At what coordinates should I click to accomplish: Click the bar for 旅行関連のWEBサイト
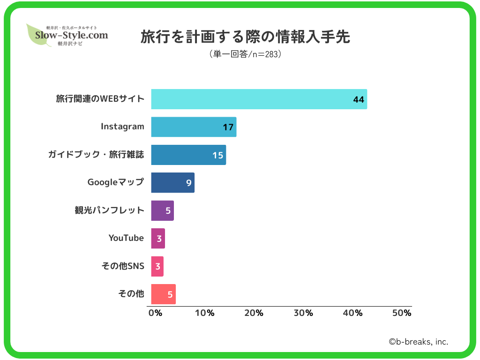[259, 99]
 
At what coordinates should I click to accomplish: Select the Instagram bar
[194, 127]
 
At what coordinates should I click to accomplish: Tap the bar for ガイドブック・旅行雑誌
[188, 155]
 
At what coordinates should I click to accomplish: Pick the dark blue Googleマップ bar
[172, 183]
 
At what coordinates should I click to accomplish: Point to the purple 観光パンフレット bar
[162, 210]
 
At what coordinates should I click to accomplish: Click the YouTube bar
[158, 239]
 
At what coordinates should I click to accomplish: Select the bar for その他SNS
[157, 266]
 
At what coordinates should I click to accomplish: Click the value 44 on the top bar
[359, 99]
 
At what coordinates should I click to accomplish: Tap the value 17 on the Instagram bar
[228, 127]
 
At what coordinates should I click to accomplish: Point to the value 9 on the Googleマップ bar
[189, 183]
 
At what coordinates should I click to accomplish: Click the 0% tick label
[155, 313]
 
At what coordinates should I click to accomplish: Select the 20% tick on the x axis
[254, 313]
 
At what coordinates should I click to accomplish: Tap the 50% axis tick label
[401, 313]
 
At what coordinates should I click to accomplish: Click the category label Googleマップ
[116, 182]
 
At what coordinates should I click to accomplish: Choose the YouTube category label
[126, 238]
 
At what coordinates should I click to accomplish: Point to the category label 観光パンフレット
[110, 210]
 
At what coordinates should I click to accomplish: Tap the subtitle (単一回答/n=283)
[245, 54]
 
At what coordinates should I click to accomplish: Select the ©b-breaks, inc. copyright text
[418, 342]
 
